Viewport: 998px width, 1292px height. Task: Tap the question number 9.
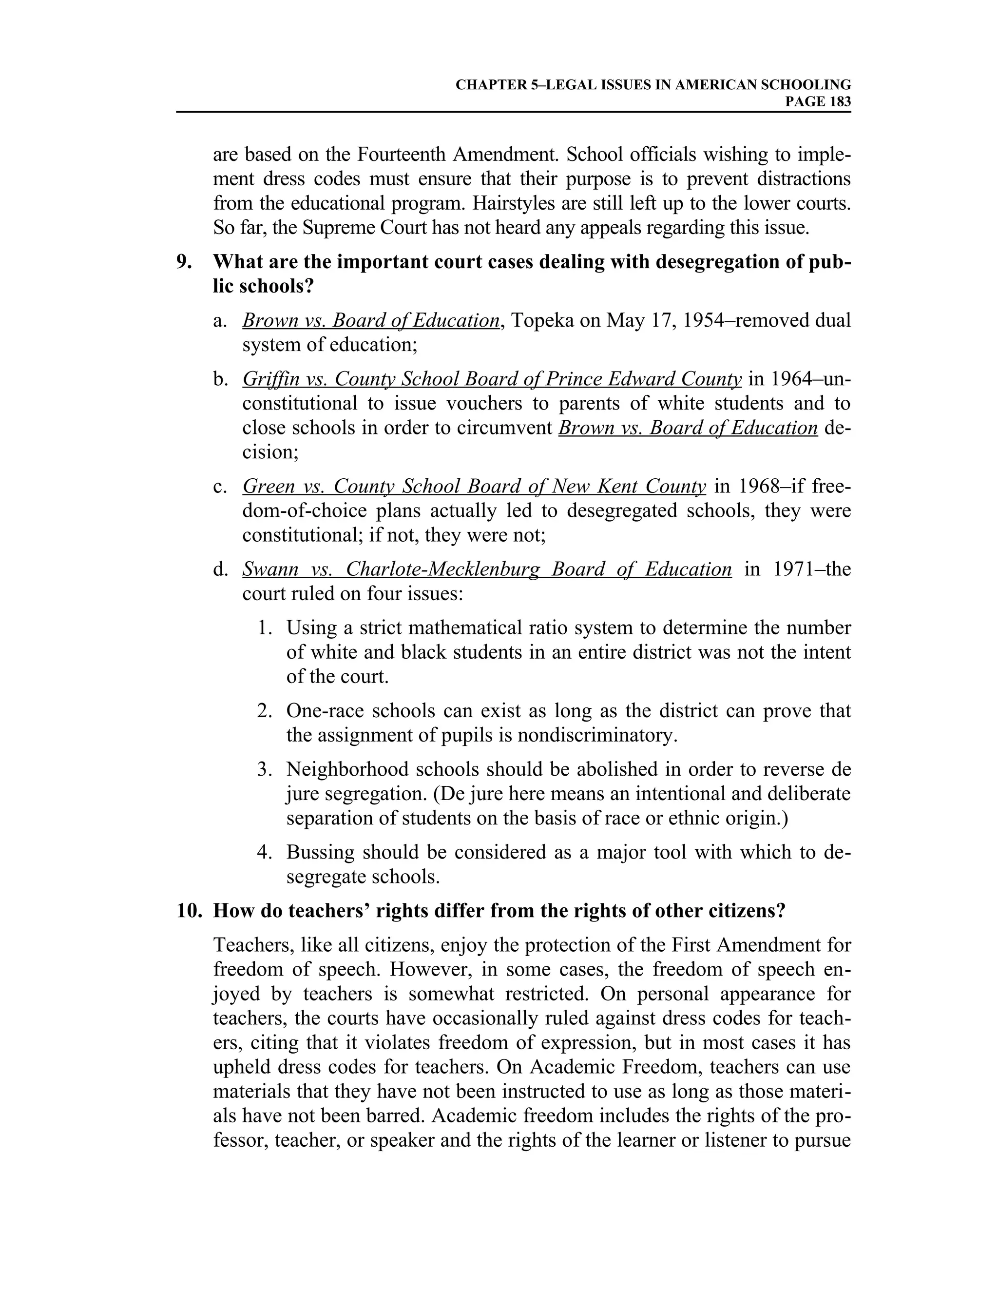(184, 262)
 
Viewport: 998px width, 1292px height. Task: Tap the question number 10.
(189, 910)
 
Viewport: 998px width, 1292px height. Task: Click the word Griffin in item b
(269, 379)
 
